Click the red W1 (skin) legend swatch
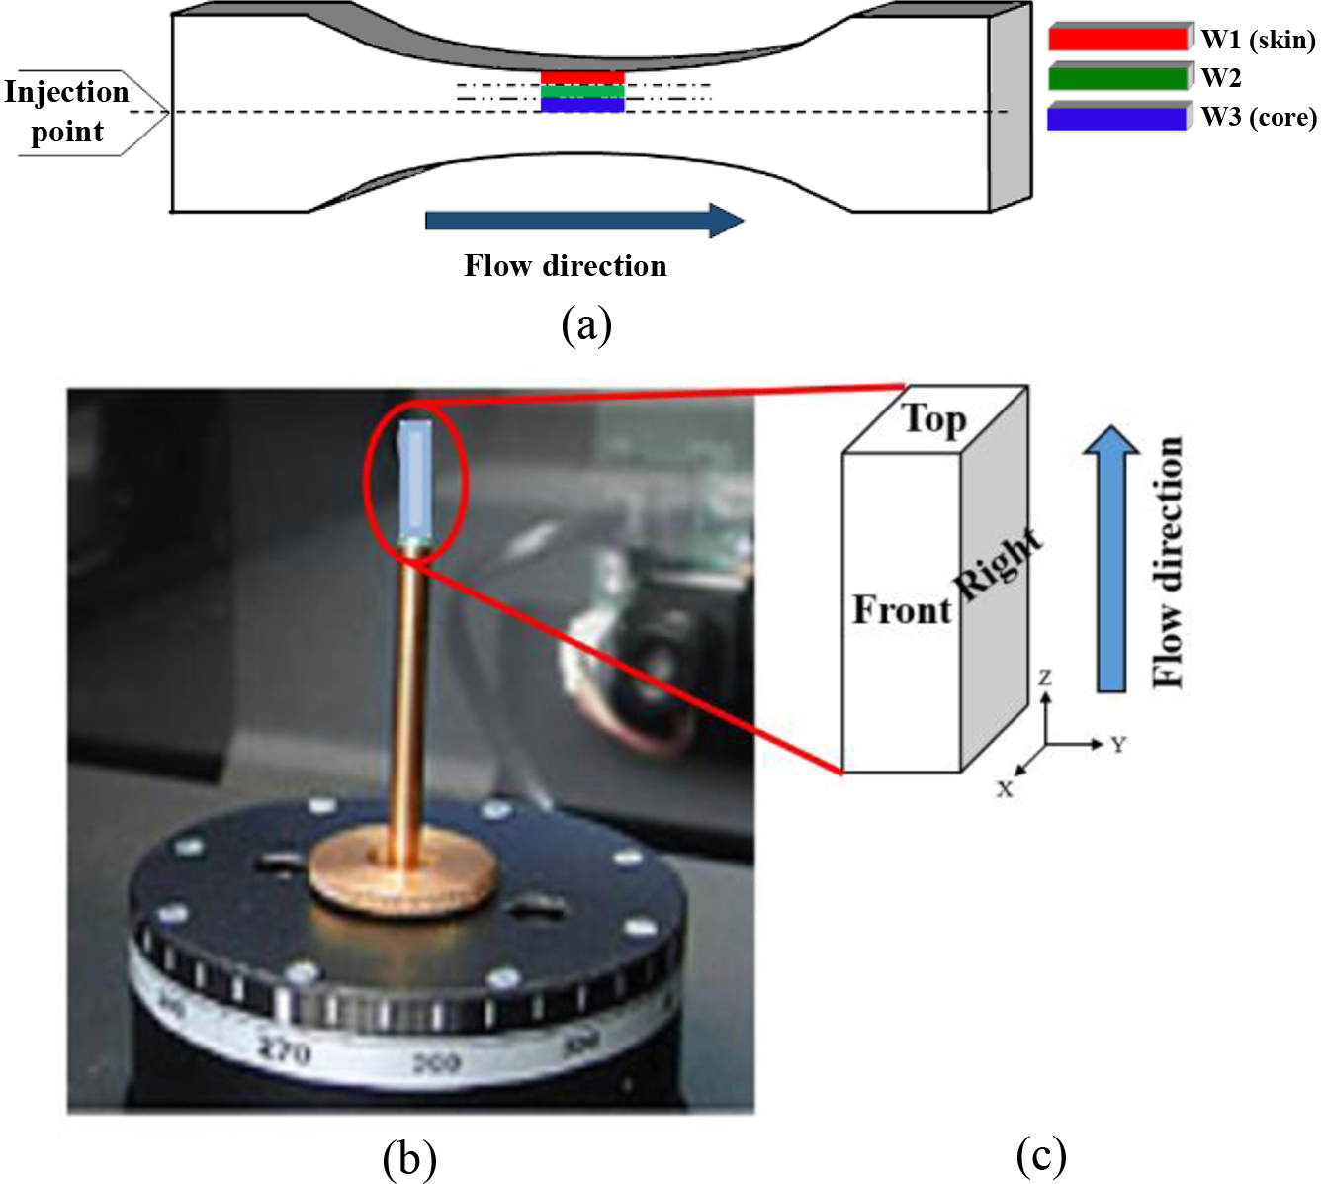tap(1117, 40)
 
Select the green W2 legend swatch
tap(1117, 78)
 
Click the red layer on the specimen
tap(582, 78)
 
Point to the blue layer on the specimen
tap(582, 105)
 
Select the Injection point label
tap(67, 112)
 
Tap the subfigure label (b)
tap(408, 1158)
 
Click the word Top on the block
tap(934, 419)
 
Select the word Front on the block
tap(902, 610)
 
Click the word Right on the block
tap(998, 564)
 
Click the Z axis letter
tap(1045, 678)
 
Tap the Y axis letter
tap(1118, 744)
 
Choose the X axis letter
tap(1005, 789)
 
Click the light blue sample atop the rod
tap(415, 480)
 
